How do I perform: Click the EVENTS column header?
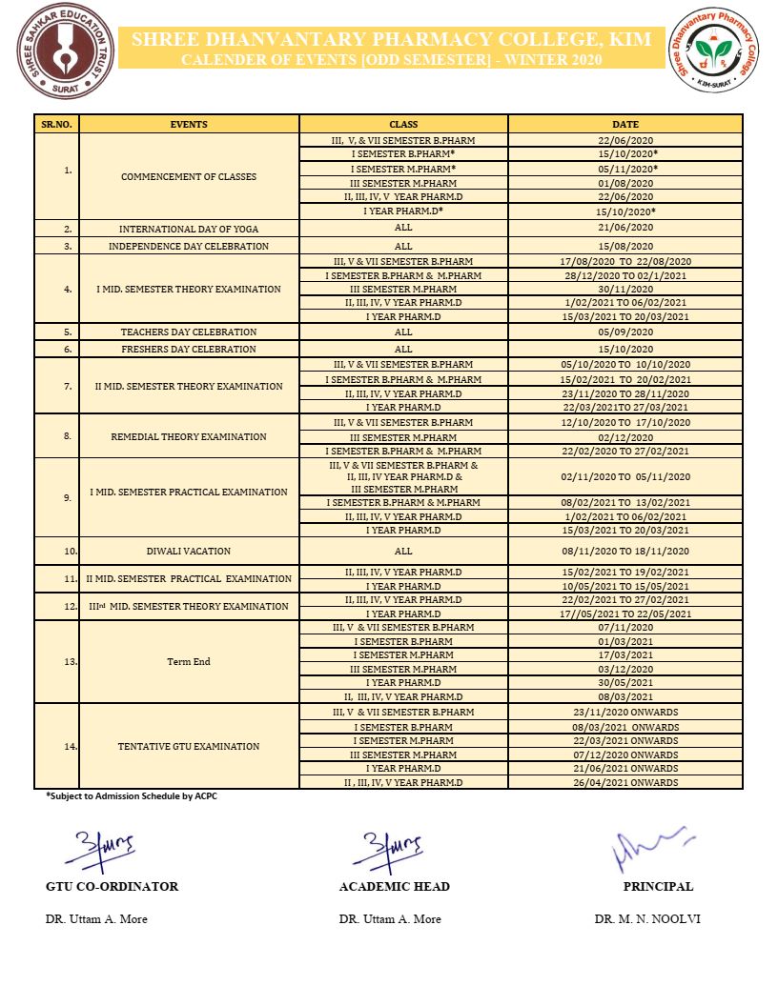189,124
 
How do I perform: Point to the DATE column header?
625,124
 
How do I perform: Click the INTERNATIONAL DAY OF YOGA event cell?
189,229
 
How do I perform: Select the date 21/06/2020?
625,228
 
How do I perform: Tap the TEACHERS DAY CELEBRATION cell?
189,332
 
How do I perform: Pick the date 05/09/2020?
625,332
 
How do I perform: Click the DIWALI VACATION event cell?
189,551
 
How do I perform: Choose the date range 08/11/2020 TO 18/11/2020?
625,551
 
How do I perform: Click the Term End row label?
189,661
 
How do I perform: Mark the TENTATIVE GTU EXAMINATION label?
189,746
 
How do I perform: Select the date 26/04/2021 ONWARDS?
625,782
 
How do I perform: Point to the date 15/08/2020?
625,246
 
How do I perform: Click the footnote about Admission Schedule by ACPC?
132,795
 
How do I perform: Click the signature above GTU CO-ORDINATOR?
105,844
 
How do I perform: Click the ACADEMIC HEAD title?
394,886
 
